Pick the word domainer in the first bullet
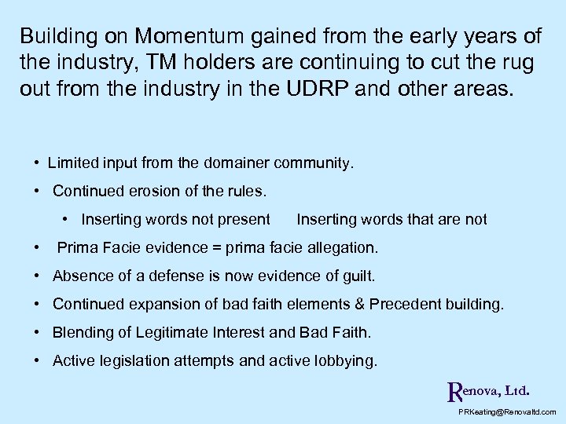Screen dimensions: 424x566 coord(233,163)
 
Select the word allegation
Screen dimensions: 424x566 coord(339,248)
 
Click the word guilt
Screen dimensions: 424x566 coord(356,276)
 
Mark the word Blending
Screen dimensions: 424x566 coord(82,332)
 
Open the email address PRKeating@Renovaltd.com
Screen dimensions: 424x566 coord(506,411)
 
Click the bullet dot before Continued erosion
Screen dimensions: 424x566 coord(38,191)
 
